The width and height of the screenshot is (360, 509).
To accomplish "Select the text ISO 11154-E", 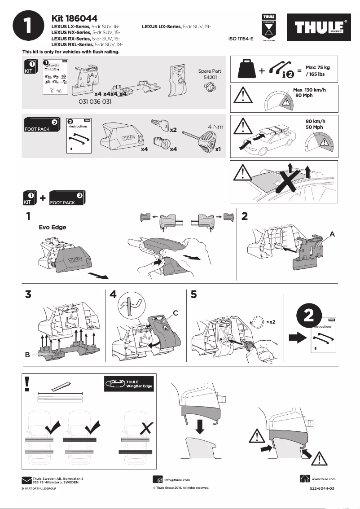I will (241, 39).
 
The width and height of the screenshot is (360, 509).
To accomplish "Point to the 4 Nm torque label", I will (215, 127).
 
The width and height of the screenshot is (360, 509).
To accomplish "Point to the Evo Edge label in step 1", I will (53, 227).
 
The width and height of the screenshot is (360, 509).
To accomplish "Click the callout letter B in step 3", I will (27, 355).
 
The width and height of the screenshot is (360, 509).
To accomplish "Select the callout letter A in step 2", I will (332, 234).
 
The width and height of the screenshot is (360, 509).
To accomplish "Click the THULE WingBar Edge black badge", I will (129, 384).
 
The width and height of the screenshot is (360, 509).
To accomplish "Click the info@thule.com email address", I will (177, 480).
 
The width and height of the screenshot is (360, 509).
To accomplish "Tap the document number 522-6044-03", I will (322, 488).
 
